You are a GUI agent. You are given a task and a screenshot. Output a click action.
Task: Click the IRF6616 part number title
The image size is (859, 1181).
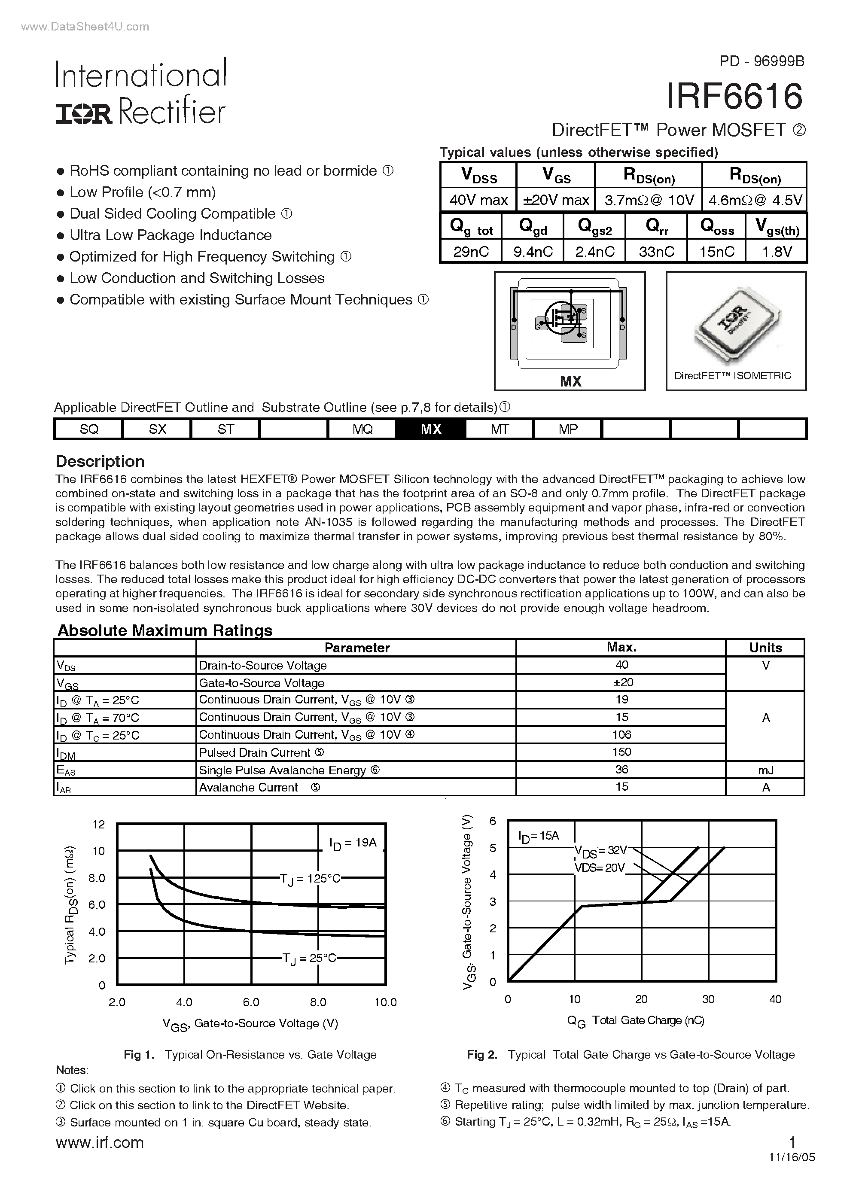[x=734, y=97]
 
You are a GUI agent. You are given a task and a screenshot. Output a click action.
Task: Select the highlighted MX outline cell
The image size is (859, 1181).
[x=431, y=429]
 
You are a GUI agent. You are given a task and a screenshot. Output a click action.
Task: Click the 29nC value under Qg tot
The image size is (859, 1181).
[x=471, y=252]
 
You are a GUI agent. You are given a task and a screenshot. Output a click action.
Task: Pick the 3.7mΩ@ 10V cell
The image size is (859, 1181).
[x=649, y=201]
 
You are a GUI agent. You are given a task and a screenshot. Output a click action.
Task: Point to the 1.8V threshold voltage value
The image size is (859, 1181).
[x=777, y=252]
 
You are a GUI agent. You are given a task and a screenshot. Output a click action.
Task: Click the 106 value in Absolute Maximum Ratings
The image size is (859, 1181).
[x=621, y=735]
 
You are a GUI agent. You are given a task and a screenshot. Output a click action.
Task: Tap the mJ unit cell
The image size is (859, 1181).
[x=765, y=770]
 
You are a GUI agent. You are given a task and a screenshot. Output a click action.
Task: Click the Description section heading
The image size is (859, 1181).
[x=100, y=461]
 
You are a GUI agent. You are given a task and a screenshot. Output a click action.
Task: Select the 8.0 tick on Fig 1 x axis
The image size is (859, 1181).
[x=318, y=1002]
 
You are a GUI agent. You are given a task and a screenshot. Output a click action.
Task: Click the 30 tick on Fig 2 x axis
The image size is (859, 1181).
[x=708, y=999]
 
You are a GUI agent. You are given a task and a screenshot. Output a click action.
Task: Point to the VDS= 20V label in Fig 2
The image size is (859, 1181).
[x=600, y=867]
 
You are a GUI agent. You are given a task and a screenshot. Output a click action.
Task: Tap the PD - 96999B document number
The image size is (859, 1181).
[x=762, y=61]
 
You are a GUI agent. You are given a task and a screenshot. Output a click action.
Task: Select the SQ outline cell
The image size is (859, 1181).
[x=89, y=429]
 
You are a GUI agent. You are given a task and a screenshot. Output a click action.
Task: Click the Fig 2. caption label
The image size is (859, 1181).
[x=482, y=1054]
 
